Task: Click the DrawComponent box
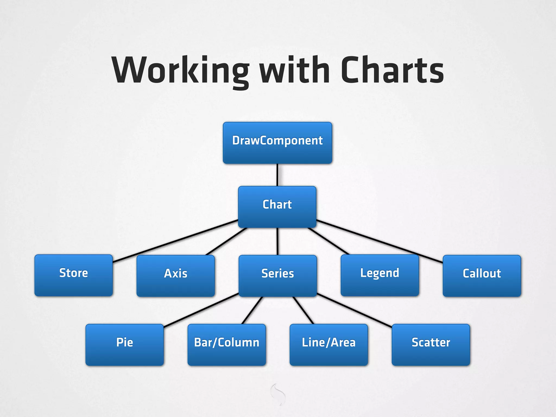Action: tap(277, 143)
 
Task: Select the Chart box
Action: tap(277, 207)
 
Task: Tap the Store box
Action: tap(74, 275)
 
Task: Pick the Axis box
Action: tap(176, 276)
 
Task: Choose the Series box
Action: tap(278, 276)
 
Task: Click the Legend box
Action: tap(380, 275)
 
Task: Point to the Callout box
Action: tap(482, 276)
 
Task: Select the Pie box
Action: tap(125, 345)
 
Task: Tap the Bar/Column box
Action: tap(227, 345)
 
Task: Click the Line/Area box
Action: tap(329, 345)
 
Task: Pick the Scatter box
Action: tap(431, 345)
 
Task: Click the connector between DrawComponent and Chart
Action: tap(277, 175)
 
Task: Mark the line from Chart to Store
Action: tap(175, 241)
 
